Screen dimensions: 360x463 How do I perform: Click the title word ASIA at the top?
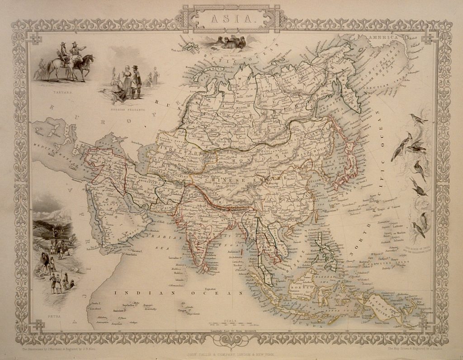point(231,19)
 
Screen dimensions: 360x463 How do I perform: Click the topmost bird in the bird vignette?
point(418,119)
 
